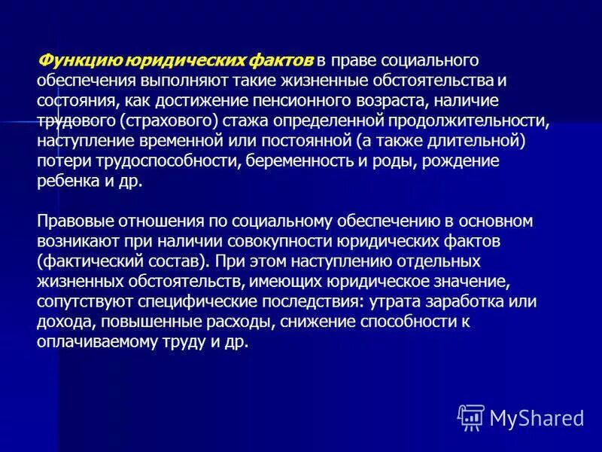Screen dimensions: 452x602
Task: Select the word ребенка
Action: [x=65, y=182]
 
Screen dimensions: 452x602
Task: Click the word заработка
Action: [x=468, y=301]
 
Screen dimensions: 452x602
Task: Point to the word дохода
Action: [x=60, y=321]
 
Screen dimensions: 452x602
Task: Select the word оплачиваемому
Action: [x=96, y=341]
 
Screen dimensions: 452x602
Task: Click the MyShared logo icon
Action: [x=470, y=417]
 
